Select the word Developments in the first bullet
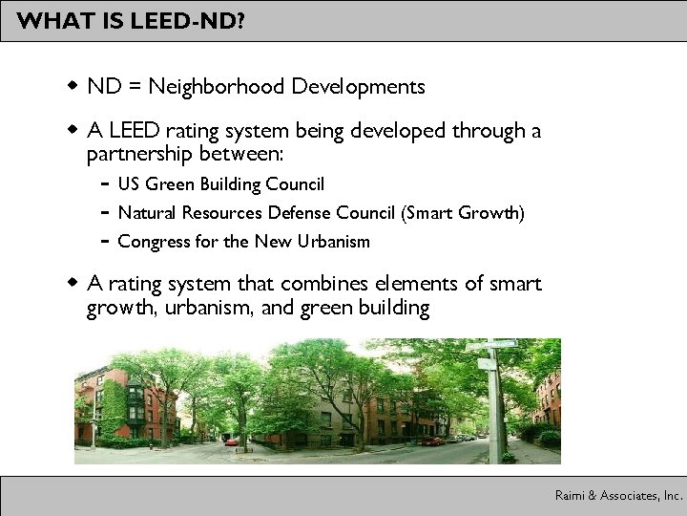click(359, 87)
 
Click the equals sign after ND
click(134, 88)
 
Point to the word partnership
click(142, 154)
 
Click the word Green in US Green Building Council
click(164, 183)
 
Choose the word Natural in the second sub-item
click(144, 212)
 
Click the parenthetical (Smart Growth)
click(468, 212)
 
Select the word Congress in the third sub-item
click(149, 242)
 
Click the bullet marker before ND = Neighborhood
click(73, 87)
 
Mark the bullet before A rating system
click(73, 283)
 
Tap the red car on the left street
click(232, 442)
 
